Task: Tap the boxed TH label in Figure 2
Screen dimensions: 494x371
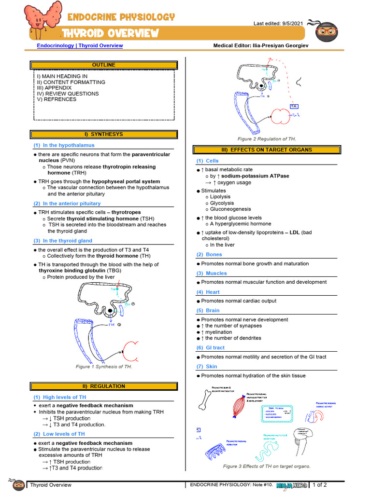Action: click(x=294, y=106)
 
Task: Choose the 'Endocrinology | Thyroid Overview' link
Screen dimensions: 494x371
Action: click(x=80, y=46)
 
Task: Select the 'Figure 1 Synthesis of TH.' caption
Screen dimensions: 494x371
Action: click(x=104, y=367)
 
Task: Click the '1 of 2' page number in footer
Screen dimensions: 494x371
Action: click(x=320, y=485)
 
